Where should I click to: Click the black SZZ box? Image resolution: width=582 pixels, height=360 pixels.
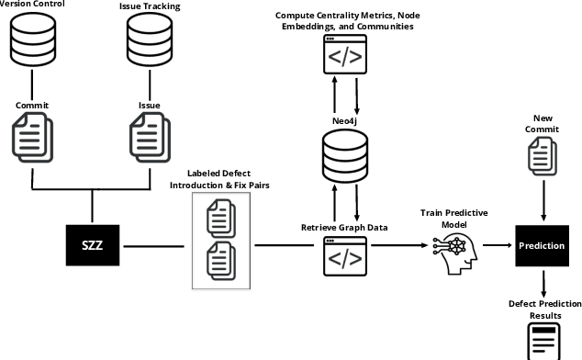point(93,246)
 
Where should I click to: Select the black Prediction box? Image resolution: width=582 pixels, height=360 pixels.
point(542,246)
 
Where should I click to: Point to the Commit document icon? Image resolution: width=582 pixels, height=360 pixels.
point(32,136)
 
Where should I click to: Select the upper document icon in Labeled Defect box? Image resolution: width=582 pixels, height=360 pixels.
point(220,218)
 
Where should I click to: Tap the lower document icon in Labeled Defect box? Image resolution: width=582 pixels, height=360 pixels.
point(220,262)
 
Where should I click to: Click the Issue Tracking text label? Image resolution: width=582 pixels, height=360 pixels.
point(149,7)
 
